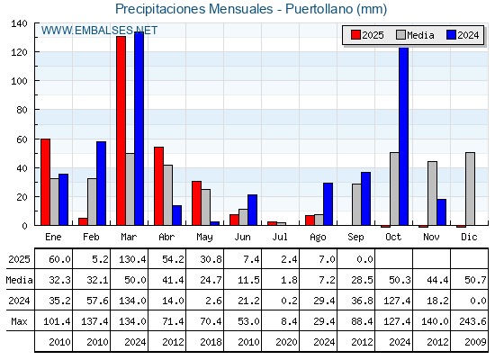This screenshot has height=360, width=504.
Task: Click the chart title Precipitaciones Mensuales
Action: pyautogui.click(x=193, y=9)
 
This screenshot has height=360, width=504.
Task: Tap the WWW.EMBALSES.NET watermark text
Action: pyautogui.click(x=99, y=31)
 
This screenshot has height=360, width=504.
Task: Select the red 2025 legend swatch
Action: pyautogui.click(x=355, y=35)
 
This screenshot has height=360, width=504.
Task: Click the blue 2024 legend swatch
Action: pyautogui.click(x=451, y=35)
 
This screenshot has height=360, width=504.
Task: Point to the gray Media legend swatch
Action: pyautogui.click(x=400, y=35)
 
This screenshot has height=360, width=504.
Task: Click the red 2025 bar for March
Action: pyautogui.click(x=121, y=130)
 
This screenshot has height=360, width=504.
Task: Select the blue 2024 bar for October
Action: pyautogui.click(x=404, y=136)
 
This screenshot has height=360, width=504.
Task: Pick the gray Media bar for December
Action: pyautogui.click(x=470, y=189)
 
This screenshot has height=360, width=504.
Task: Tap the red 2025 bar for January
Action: pyautogui.click(x=45, y=182)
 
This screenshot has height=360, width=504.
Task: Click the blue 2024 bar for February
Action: pyautogui.click(x=101, y=184)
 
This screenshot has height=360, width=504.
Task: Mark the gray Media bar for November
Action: pyautogui.click(x=432, y=193)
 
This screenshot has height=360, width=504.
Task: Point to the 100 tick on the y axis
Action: pyautogui.click(x=19, y=81)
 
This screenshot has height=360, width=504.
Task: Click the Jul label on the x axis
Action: pyautogui.click(x=280, y=237)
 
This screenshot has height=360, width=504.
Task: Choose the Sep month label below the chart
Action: pyautogui.click(x=355, y=238)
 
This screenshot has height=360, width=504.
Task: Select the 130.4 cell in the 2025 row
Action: pyautogui.click(x=132, y=259)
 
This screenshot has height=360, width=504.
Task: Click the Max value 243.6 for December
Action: pyautogui.click(x=472, y=321)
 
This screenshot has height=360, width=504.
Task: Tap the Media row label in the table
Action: pyautogui.click(x=19, y=280)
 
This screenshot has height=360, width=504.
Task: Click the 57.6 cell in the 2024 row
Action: pyautogui.click(x=98, y=301)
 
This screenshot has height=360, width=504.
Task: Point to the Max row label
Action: pyautogui.click(x=19, y=321)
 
